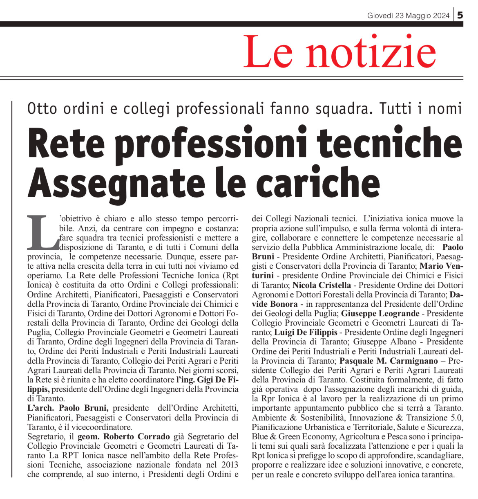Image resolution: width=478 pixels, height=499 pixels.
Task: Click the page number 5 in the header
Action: click(x=460, y=15)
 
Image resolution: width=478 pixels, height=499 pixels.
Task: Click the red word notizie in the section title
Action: click(x=371, y=52)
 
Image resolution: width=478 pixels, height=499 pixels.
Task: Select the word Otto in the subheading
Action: click(x=40, y=109)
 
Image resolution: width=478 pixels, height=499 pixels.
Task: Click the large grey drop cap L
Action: click(x=42, y=232)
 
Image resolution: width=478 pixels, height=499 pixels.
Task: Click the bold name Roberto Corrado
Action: click(x=136, y=436)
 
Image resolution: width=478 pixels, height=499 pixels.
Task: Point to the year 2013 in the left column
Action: click(x=229, y=465)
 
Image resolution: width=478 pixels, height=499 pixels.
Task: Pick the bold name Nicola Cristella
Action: click(x=322, y=285)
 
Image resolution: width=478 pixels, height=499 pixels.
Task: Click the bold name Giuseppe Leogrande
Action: click(x=380, y=314)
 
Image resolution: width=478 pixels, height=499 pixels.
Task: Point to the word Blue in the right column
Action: click(x=260, y=436)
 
